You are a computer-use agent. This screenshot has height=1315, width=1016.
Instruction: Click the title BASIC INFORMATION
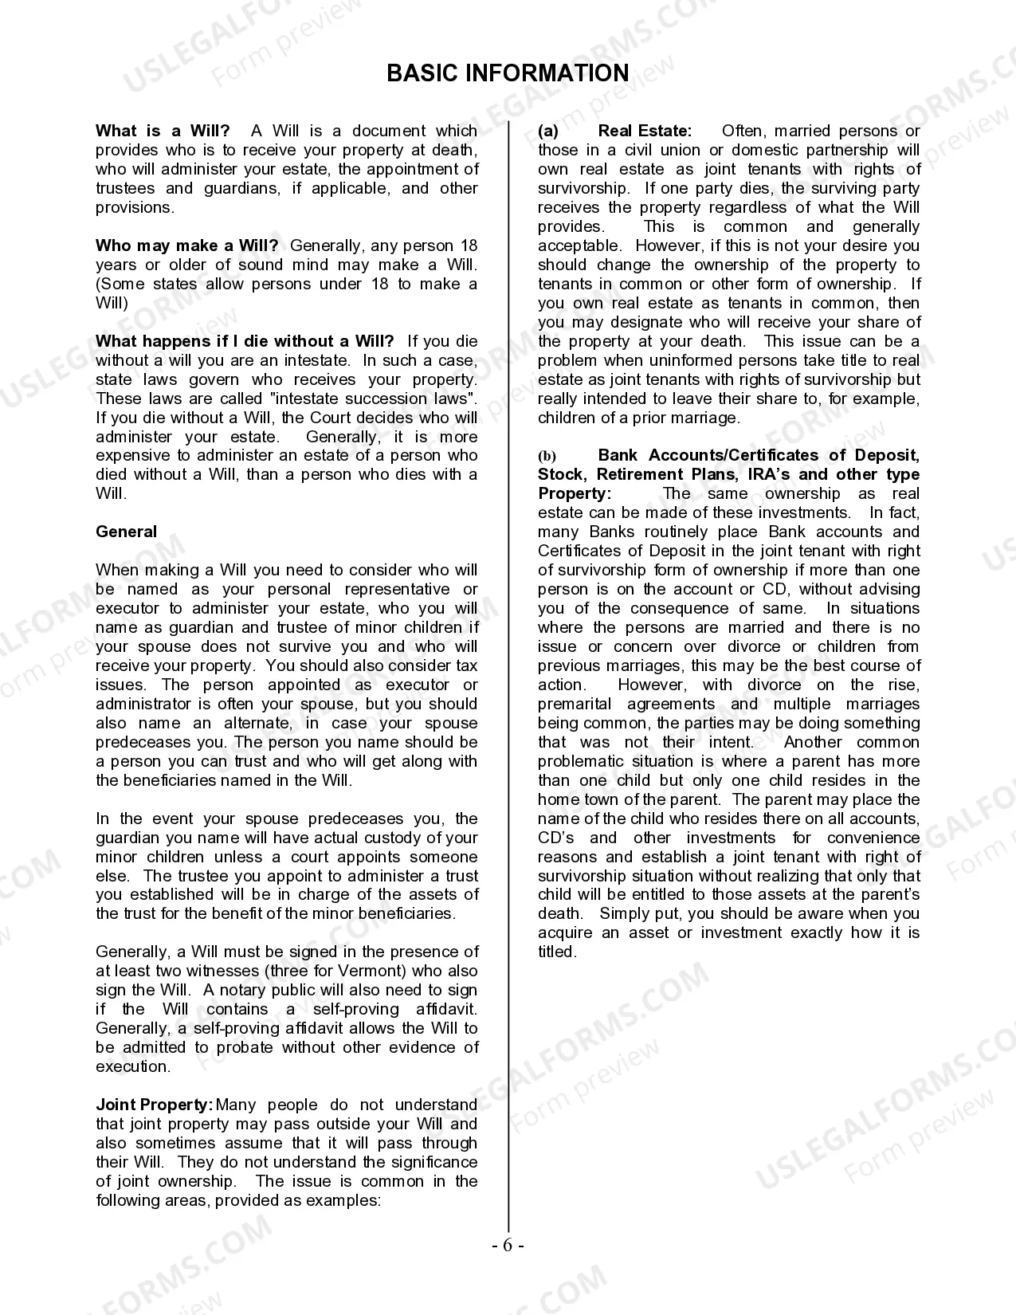pos(508,73)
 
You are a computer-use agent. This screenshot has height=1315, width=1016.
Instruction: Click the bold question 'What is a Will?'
pos(163,131)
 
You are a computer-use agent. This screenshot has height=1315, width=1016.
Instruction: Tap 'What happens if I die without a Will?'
pos(245,341)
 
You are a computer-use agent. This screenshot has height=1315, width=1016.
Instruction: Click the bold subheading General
pos(126,532)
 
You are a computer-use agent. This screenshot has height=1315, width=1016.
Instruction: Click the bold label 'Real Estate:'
pos(645,131)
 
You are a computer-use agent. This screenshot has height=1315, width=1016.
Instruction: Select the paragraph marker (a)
pos(548,131)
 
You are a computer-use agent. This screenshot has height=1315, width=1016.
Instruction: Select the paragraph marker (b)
pos(547,456)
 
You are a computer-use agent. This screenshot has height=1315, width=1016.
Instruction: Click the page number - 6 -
pos(508,1246)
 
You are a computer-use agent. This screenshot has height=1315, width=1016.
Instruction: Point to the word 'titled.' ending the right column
pos(556,952)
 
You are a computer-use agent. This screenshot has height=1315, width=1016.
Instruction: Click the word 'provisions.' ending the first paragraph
pos(135,207)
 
